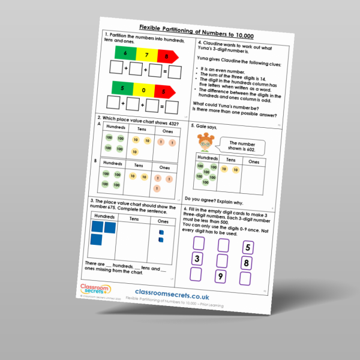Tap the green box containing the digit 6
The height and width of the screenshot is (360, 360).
[x=125, y=53]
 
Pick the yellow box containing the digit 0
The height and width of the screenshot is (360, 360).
[x=142, y=91]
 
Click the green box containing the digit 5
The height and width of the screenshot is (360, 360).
[x=122, y=88]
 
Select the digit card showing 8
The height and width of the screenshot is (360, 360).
[x=245, y=263]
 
